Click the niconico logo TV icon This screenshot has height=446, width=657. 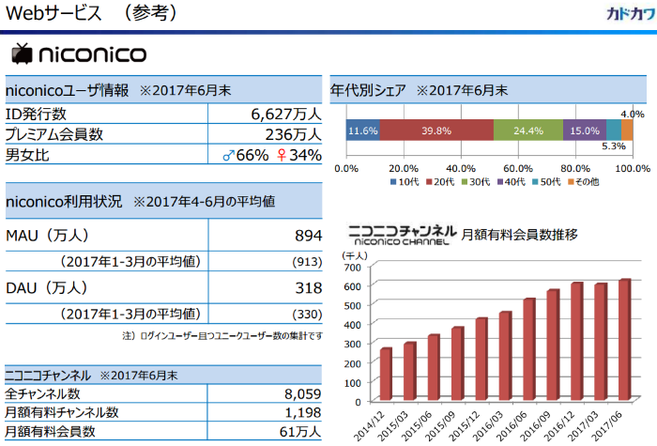[22, 54]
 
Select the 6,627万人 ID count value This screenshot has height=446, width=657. [285, 115]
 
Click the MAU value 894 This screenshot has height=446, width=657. [305, 235]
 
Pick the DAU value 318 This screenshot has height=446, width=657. [305, 288]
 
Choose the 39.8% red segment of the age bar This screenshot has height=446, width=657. [435, 131]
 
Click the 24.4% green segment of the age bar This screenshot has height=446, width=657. [527, 131]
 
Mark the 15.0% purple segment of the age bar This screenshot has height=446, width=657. [585, 131]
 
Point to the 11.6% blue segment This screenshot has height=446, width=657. [362, 131]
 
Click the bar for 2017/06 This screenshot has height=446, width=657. [624, 339]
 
